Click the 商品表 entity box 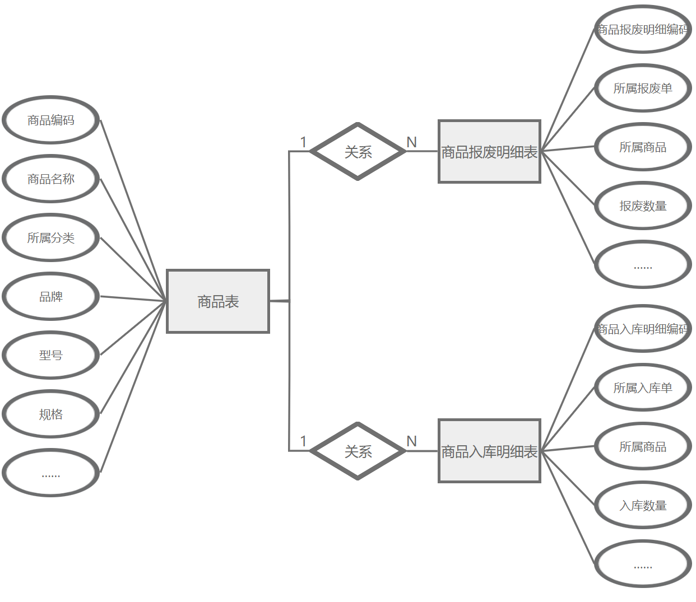[218, 301]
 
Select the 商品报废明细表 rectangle [489, 151]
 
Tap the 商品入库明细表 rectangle [489, 451]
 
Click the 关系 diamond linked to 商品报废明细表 [358, 151]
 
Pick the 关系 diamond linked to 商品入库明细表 [358, 451]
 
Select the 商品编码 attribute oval [51, 120]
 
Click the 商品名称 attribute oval [51, 179]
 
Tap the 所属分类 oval [51, 237]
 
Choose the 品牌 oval [51, 296]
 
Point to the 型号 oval [51, 355]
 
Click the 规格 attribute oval [51, 414]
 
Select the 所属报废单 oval [643, 88]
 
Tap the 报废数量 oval [643, 206]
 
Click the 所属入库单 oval [643, 388]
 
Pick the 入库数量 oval [643, 505]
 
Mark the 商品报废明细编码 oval [643, 29]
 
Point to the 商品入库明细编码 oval [643, 329]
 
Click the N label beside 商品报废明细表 [412, 142]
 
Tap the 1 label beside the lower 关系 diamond [303, 441]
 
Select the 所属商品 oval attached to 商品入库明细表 [643, 446]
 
